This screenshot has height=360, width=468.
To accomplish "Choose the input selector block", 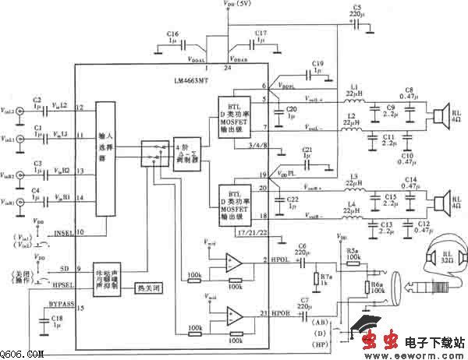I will click(x=104, y=159).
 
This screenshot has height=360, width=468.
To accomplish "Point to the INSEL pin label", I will click(x=65, y=231).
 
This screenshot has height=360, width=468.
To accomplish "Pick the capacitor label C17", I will click(x=261, y=34).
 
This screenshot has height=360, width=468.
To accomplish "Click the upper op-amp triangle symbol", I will click(x=232, y=263).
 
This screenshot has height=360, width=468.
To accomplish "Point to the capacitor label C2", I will click(x=37, y=100).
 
